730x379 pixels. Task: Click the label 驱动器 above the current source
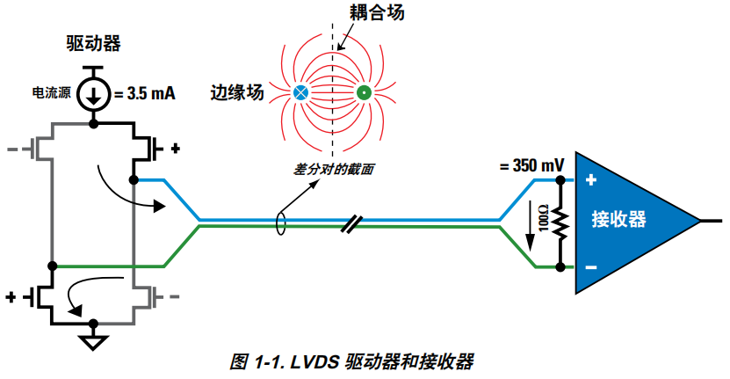93,42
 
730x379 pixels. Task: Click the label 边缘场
236,91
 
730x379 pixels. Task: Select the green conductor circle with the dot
363,91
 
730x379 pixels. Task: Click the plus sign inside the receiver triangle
591,181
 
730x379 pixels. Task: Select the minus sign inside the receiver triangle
591,266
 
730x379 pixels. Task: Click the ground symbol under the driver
93,340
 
